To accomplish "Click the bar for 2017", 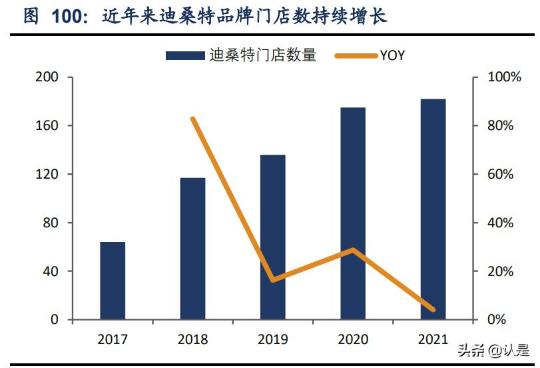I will [113, 281].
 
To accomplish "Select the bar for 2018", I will [192, 249].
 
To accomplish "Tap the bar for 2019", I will [272, 237].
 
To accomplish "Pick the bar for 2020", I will [353, 213].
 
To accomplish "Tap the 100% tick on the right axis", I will [505, 77].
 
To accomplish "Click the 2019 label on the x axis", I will [272, 340].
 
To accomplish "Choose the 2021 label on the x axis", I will [433, 340].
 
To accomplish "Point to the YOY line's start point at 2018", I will [193, 119].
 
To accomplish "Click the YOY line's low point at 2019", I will [272, 280].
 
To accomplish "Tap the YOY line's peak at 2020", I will [353, 250].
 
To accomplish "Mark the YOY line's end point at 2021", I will [433, 310].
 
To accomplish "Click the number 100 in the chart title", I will [69, 17].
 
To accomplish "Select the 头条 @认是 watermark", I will [492, 350].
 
